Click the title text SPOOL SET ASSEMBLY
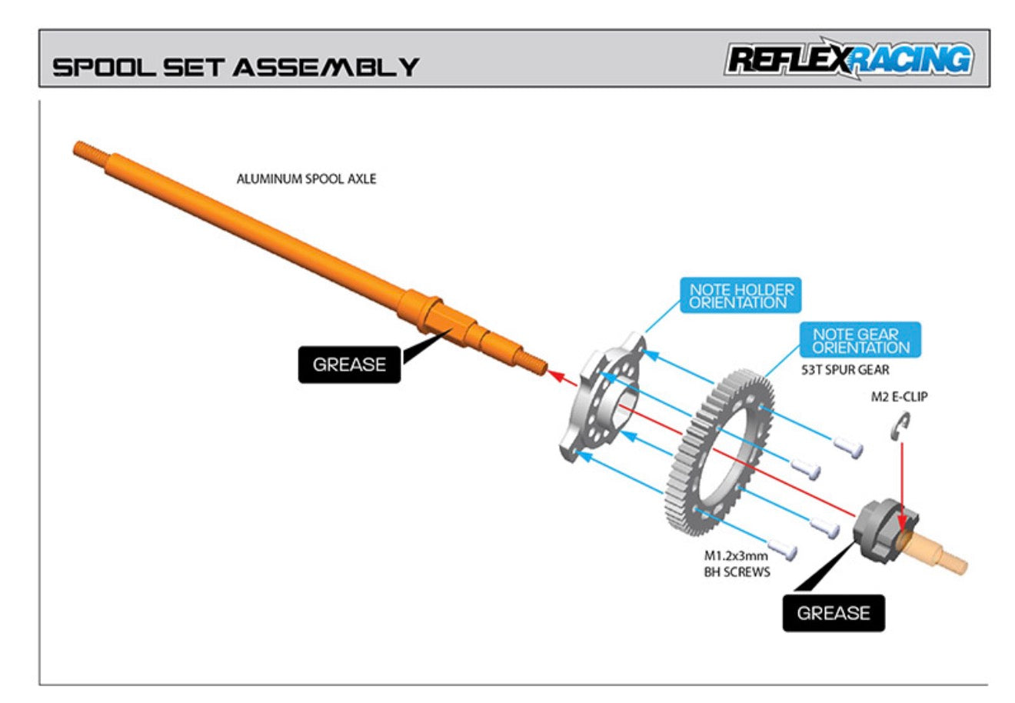click(235, 66)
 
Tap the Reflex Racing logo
click(848, 59)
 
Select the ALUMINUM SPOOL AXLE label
click(306, 178)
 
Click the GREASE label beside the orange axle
click(349, 365)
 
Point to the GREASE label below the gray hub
click(834, 613)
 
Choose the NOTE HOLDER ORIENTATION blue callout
click(741, 296)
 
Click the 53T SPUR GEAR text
click(845, 370)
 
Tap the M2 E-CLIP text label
click(899, 397)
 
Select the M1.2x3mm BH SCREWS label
click(737, 564)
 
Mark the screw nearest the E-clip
click(847, 447)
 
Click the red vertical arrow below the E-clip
click(901, 477)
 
